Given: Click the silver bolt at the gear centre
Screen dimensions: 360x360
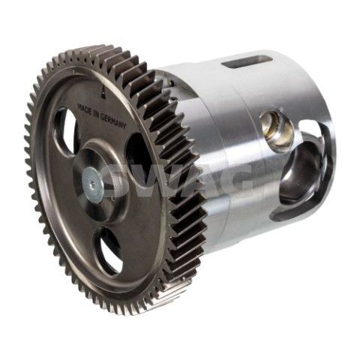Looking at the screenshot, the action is point(93,183).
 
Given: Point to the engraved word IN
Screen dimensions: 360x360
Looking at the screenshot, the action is point(96,115).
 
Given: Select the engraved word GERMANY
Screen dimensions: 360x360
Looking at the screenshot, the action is point(114,122).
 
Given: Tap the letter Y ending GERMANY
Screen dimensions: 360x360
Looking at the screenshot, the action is point(124,127).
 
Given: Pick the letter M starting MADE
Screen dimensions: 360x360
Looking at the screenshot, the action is point(79,106).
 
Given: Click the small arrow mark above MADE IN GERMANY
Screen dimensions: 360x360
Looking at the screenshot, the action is point(102,92).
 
